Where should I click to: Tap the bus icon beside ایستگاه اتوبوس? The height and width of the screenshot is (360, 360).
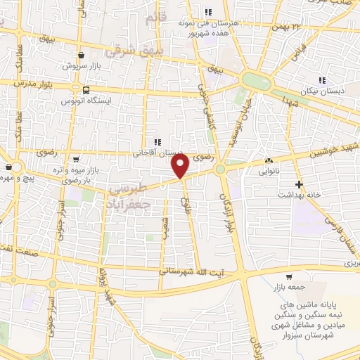pos(85,90)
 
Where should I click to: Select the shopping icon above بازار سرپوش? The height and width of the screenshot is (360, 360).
pos(82,55)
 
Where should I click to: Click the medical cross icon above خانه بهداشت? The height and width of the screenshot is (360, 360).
pos(300,185)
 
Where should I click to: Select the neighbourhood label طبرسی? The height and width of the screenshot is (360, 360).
pos(130,187)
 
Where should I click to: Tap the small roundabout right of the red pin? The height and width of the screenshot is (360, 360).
pos(221,169)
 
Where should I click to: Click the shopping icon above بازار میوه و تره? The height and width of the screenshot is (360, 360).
pos(76,160)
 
